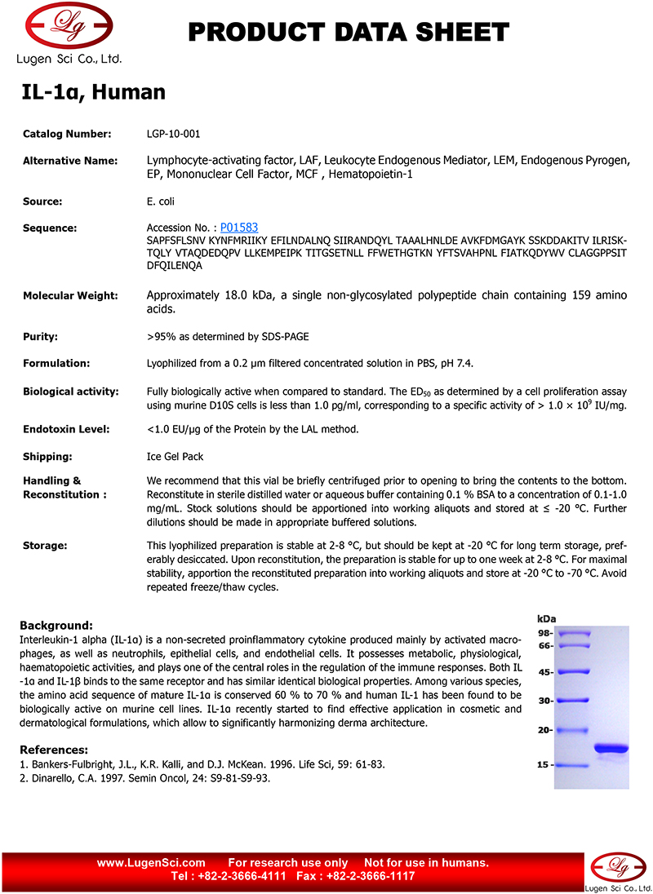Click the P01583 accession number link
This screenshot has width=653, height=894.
tap(239, 228)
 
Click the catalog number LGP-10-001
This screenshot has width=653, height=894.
tap(173, 134)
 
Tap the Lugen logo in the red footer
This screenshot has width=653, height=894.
tap(619, 874)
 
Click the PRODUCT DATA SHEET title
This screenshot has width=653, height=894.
tap(349, 33)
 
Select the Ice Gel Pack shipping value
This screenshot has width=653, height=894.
tap(175, 457)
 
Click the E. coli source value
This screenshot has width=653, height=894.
tap(160, 201)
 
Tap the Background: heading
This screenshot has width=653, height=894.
tap(56, 625)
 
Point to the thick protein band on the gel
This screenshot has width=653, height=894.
tap(611, 748)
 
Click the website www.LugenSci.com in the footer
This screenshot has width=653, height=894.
tap(151, 863)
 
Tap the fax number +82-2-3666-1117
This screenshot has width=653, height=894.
tap(371, 876)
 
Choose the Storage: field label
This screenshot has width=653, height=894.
tap(45, 545)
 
